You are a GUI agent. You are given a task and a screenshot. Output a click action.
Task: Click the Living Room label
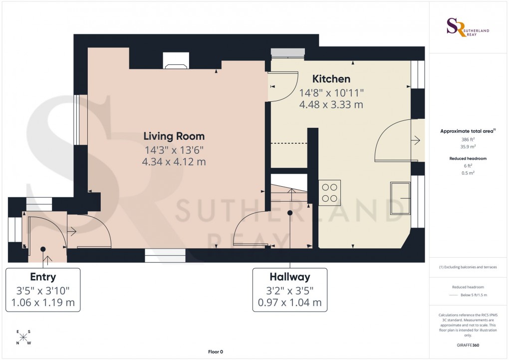pos(174,136)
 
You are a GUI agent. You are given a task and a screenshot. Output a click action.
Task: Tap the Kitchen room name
pos(331,79)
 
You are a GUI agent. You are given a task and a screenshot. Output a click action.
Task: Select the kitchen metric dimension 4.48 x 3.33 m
pos(331,105)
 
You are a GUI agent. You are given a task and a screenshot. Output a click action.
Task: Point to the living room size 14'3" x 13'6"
pos(174,149)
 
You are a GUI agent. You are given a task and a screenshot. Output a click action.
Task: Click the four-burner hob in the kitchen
pos(329,192)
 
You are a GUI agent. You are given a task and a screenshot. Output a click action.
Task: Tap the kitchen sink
pos(400,199)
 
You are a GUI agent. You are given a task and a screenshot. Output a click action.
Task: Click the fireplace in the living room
pos(176,60)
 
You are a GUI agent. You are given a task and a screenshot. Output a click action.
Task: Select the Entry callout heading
pos(43,277)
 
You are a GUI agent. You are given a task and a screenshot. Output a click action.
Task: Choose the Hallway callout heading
pos(290,277)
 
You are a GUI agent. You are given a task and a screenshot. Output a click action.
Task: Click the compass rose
pos(23,337)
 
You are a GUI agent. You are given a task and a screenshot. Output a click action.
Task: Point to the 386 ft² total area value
pos(467,140)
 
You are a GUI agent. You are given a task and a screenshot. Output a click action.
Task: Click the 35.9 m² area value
pos(467,147)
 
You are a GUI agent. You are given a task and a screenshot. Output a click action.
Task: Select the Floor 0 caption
pos(215,352)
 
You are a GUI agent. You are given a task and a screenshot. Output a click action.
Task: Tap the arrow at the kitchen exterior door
pos(415,141)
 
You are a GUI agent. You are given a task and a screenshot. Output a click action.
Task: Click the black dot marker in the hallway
pos(290,213)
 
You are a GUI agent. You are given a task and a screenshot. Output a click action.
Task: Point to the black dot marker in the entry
pos(43,249)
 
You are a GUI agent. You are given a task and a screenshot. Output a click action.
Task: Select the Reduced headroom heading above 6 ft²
pos(467,158)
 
